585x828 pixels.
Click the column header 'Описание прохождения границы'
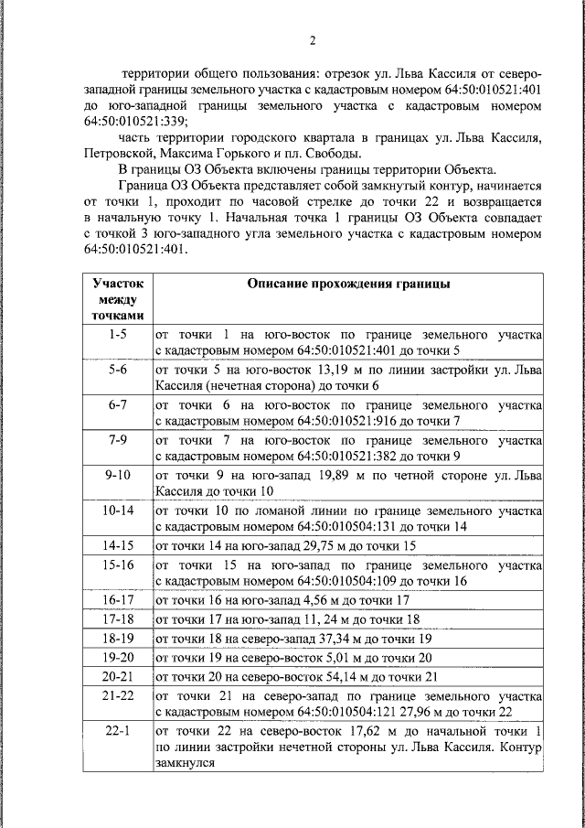(348, 284)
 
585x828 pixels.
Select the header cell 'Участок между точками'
(117, 299)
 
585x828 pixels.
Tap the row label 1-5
(117, 335)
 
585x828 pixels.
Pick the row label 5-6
(117, 371)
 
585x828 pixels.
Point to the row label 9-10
(117, 475)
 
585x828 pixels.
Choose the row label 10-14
(117, 510)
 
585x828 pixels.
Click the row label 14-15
(117, 545)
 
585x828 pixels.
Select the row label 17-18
(117, 619)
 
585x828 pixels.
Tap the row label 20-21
(117, 676)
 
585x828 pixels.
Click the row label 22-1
(117, 730)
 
